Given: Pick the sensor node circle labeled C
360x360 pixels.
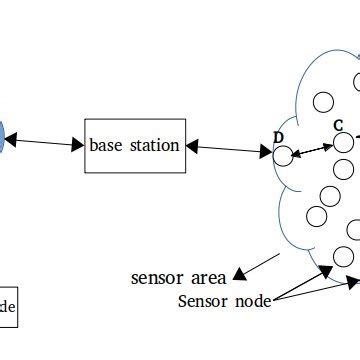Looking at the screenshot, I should pyautogui.click(x=344, y=143).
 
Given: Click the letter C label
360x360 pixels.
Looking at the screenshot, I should pyautogui.click(x=338, y=126).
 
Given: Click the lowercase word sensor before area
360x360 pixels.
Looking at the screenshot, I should pyautogui.click(x=156, y=275).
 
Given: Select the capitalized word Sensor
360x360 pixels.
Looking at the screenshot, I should pyautogui.click(x=203, y=300).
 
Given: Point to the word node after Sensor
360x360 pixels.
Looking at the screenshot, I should pyautogui.click(x=252, y=300).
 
